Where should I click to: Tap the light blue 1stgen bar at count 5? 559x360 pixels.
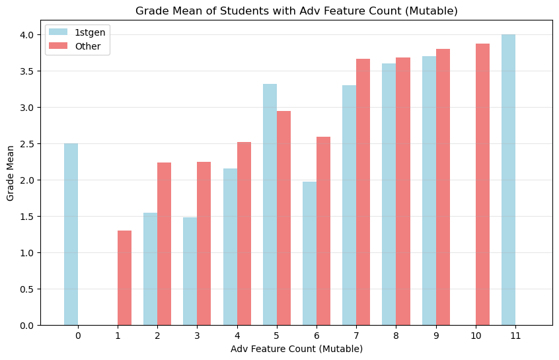[x=270, y=205]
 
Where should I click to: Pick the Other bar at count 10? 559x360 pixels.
[x=482, y=184]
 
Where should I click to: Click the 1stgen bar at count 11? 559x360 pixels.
[x=508, y=180]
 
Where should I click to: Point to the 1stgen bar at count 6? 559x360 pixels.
[x=309, y=254]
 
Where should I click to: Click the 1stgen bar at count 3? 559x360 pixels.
[x=190, y=271]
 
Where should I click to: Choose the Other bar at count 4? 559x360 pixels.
[x=244, y=234]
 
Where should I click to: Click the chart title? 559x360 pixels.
[x=296, y=11]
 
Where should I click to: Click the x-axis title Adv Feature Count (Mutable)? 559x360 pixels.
[x=296, y=348]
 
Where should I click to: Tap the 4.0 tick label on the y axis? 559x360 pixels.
[x=28, y=35]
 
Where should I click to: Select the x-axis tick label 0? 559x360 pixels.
[x=78, y=336]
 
